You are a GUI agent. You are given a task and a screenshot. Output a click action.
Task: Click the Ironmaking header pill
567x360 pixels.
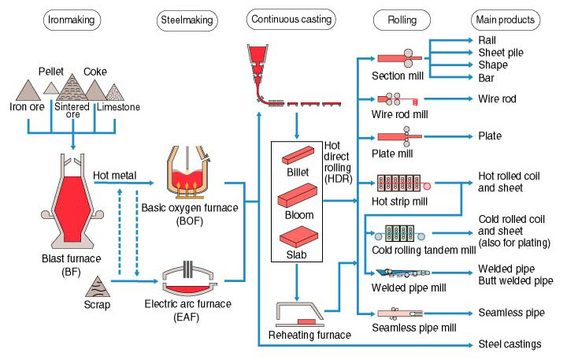[x=72, y=20]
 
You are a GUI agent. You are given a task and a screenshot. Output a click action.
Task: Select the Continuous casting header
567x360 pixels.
[x=291, y=20]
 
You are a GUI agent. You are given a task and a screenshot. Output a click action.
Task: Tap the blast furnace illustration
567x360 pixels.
[x=72, y=202]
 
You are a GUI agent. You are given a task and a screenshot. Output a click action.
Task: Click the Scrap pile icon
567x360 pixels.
[x=98, y=287]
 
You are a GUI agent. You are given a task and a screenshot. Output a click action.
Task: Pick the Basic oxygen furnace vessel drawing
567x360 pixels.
[x=187, y=172]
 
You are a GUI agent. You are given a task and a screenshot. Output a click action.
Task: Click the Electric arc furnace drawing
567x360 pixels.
[x=189, y=279]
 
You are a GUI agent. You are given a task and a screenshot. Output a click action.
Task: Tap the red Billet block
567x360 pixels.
[x=298, y=155]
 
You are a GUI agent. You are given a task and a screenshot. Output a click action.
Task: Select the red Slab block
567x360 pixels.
[x=298, y=237]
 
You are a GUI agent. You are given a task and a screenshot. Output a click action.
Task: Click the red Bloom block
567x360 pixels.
[x=298, y=195]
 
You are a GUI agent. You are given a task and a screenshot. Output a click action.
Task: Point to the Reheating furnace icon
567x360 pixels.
[x=300, y=315]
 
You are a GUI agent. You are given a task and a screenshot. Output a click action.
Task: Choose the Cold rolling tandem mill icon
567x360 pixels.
[x=399, y=234]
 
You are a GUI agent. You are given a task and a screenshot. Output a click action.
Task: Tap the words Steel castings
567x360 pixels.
[x=510, y=344]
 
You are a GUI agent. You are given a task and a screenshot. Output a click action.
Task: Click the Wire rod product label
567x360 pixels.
[x=497, y=98]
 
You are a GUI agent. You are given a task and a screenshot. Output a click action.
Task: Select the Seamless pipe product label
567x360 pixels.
[x=511, y=313]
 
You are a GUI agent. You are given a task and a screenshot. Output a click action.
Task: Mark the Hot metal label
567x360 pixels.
[x=115, y=176]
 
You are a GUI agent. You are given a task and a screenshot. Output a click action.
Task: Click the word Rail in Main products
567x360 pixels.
[x=487, y=40]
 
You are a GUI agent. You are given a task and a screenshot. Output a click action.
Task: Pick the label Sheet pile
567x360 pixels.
[x=501, y=53]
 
